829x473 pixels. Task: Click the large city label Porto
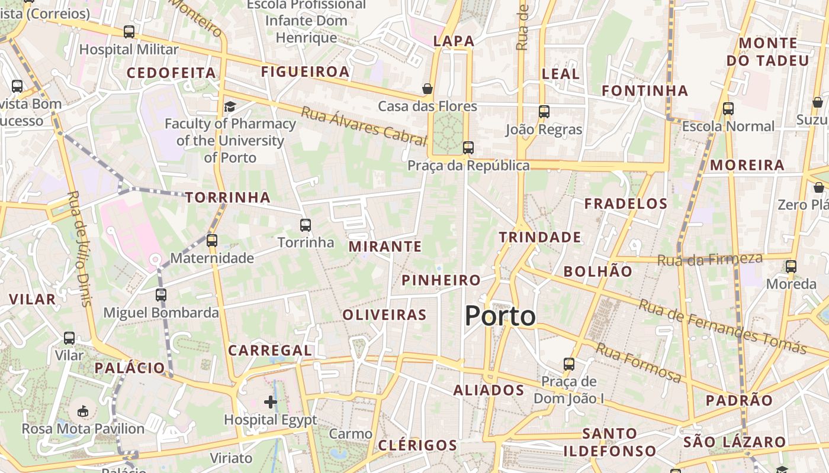(x=500, y=316)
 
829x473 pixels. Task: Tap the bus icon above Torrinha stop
(x=306, y=225)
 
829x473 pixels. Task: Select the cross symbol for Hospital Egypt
(x=271, y=403)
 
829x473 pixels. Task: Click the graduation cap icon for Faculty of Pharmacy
(x=230, y=106)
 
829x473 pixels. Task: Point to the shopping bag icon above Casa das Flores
(x=428, y=89)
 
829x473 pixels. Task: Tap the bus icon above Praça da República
(x=468, y=147)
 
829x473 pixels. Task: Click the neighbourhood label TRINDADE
(x=539, y=237)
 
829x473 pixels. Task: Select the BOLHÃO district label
(x=598, y=271)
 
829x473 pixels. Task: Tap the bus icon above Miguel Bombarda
(x=161, y=294)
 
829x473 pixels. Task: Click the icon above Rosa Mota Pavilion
(x=83, y=410)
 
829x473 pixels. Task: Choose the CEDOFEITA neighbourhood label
(x=171, y=73)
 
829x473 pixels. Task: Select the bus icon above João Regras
(x=544, y=111)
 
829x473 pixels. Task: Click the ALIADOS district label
(x=489, y=390)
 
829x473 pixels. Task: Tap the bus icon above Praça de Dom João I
(x=569, y=364)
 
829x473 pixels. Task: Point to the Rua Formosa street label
(x=638, y=362)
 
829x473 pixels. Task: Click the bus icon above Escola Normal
(x=728, y=109)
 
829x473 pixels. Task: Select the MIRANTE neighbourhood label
(x=385, y=247)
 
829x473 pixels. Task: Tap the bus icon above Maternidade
(x=212, y=241)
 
